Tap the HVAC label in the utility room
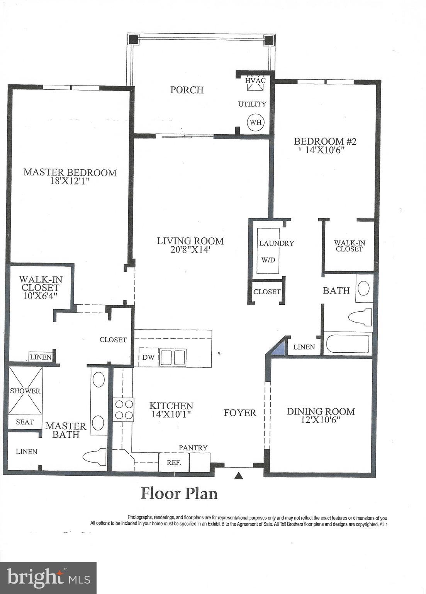click(x=255, y=80)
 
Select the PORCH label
click(x=187, y=90)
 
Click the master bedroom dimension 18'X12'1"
click(x=70, y=181)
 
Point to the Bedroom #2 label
click(x=325, y=141)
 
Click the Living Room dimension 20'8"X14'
click(x=190, y=250)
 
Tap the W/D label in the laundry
click(x=268, y=260)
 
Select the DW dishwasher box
click(x=148, y=357)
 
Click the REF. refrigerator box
click(x=174, y=463)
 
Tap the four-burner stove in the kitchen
click(x=124, y=410)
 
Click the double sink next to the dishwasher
click(x=173, y=357)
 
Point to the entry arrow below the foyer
click(x=239, y=476)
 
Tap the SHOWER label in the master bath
click(x=25, y=391)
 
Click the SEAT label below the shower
click(x=25, y=422)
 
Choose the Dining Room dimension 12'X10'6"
click(x=321, y=420)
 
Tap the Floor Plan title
click(x=179, y=493)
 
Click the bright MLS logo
click(x=48, y=578)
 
